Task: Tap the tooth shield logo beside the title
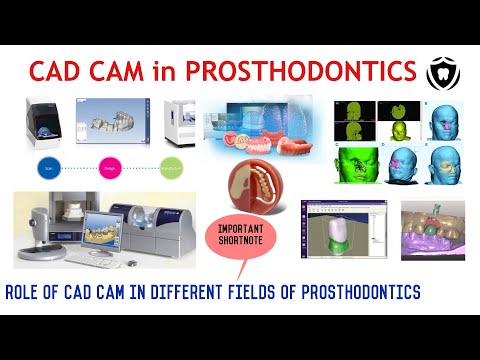(437, 72)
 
